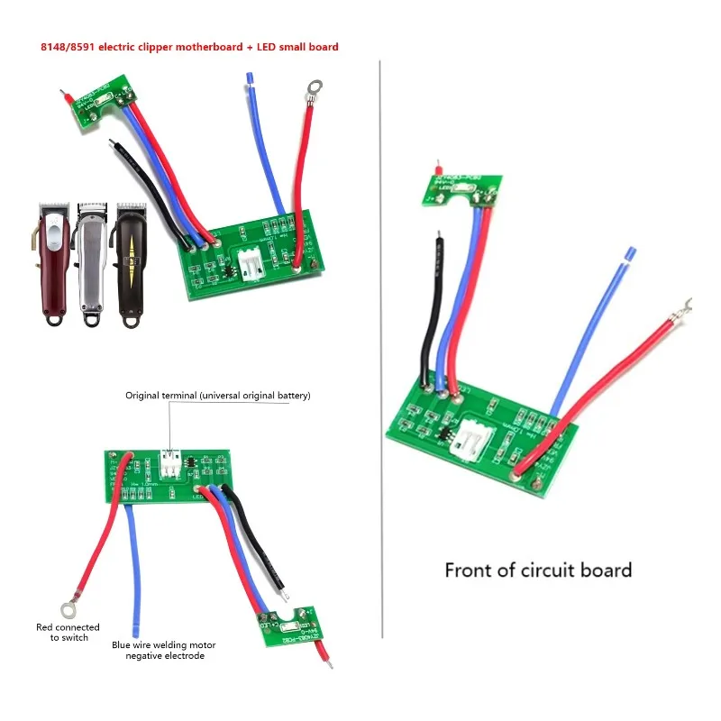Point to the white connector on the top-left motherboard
coord(255,260)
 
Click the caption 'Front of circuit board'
coord(538,570)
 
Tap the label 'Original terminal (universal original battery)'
coord(218,395)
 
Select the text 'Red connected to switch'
coord(68,632)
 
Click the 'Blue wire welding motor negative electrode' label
coord(164,650)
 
